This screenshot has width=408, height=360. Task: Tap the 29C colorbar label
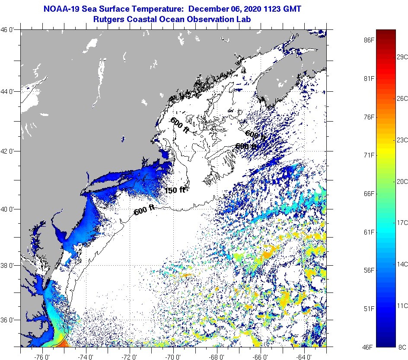point(402,57)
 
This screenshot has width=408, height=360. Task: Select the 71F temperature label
point(368,155)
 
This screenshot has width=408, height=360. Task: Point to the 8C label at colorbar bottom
point(402,347)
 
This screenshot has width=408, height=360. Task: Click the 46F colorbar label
point(368,347)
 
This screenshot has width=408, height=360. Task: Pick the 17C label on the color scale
point(402,222)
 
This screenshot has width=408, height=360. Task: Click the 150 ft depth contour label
point(175,190)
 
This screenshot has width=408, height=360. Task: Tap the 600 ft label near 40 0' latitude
point(144,210)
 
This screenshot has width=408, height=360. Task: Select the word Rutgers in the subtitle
point(109,19)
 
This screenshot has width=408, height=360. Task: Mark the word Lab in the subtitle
point(244,19)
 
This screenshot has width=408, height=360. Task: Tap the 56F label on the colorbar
point(368,270)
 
